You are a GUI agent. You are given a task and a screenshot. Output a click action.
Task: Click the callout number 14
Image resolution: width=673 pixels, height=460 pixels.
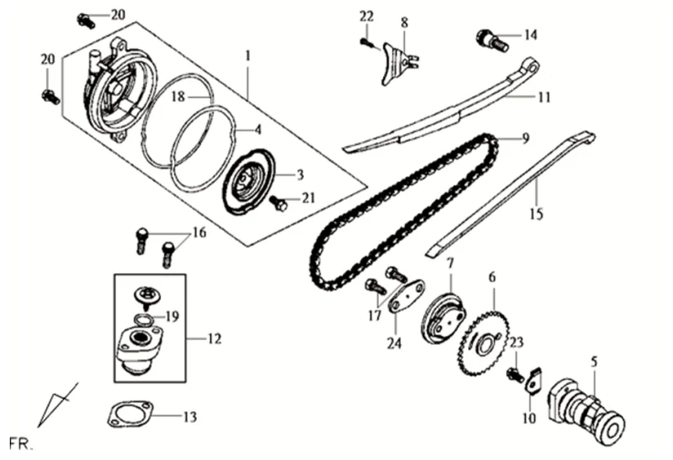click(x=531, y=35)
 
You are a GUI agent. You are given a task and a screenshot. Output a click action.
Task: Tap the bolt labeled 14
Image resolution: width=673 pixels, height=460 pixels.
click(x=492, y=40)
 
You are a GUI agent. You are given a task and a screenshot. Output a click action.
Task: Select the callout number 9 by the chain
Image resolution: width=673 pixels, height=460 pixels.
click(x=526, y=138)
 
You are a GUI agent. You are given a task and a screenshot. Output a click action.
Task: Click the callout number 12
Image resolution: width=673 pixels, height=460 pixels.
click(x=214, y=339)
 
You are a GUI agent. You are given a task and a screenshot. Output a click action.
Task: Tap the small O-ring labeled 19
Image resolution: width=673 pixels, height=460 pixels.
click(x=144, y=320)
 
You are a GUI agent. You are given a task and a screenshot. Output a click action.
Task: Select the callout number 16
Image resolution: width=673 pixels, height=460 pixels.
click(x=198, y=233)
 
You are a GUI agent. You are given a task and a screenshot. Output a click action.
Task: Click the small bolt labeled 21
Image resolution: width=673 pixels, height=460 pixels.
click(x=279, y=203)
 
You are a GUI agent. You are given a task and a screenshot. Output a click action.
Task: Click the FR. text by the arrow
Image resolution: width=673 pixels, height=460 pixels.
click(x=20, y=443)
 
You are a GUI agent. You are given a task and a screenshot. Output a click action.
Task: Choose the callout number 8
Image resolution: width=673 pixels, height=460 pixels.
click(x=404, y=22)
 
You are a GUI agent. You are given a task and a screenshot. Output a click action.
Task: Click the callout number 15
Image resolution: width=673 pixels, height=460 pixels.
click(x=536, y=213)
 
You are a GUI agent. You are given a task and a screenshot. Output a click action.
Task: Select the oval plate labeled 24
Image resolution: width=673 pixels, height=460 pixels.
click(x=406, y=296)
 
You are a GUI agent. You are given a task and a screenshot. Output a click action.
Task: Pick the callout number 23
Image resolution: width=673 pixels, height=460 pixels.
click(x=517, y=342)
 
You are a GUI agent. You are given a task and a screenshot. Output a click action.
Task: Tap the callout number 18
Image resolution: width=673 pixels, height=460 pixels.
click(x=178, y=96)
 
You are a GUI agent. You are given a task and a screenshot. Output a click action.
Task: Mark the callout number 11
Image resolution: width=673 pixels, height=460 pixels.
click(x=544, y=97)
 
